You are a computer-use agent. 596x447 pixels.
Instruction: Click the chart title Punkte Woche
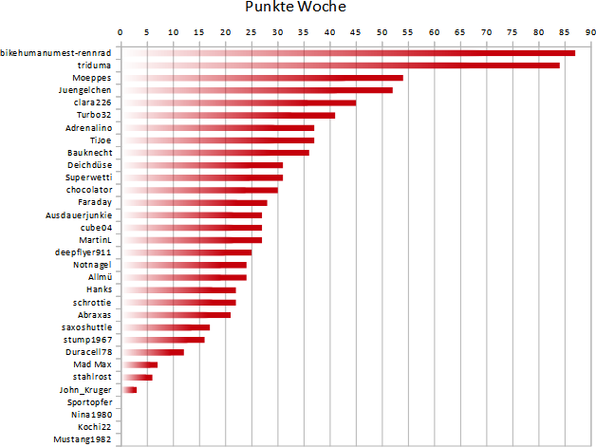295,9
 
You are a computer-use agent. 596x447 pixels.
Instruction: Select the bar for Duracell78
152,352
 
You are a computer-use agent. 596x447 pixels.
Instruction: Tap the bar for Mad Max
140,364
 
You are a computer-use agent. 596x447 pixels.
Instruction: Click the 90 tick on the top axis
589,32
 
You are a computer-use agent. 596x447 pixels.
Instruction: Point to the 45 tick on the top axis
355,32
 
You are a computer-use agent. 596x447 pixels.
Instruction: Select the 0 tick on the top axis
121,32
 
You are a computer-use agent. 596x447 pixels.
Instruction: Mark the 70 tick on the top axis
485,32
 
